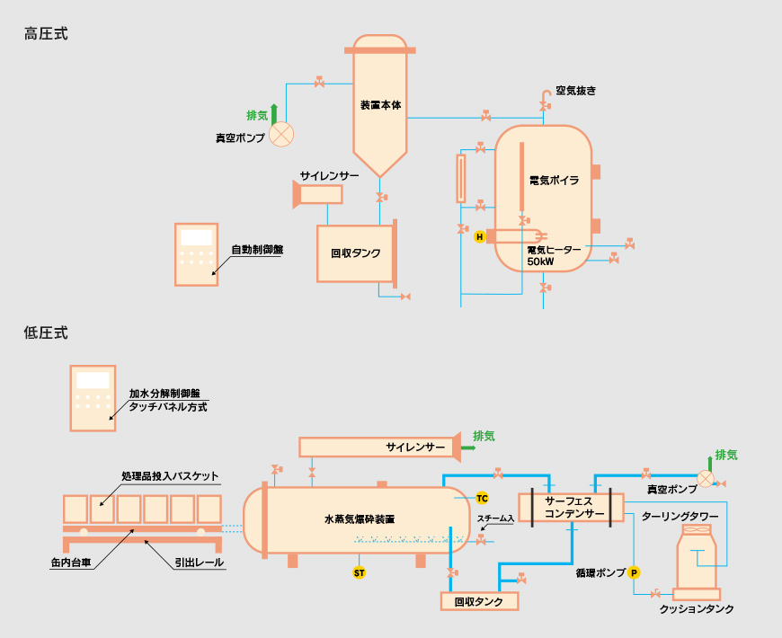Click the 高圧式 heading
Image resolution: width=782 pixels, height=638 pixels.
point(46,34)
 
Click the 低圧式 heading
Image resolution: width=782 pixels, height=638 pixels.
point(46,332)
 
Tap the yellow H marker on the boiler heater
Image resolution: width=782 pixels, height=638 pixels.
point(480,237)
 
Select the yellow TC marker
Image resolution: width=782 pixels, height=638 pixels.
point(482,498)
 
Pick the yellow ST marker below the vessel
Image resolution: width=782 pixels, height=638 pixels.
point(359,572)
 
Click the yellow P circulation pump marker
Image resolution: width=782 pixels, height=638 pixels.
point(633,572)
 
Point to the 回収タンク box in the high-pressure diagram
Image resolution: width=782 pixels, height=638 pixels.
point(355,253)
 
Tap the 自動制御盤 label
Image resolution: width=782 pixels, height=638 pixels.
point(257,250)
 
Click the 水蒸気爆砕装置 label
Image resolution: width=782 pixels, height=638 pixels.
point(360,519)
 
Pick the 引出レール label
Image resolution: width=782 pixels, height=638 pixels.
point(199,563)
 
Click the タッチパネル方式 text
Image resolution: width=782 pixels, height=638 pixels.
point(168,407)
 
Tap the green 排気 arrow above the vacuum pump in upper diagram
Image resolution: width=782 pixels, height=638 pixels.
point(275,112)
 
